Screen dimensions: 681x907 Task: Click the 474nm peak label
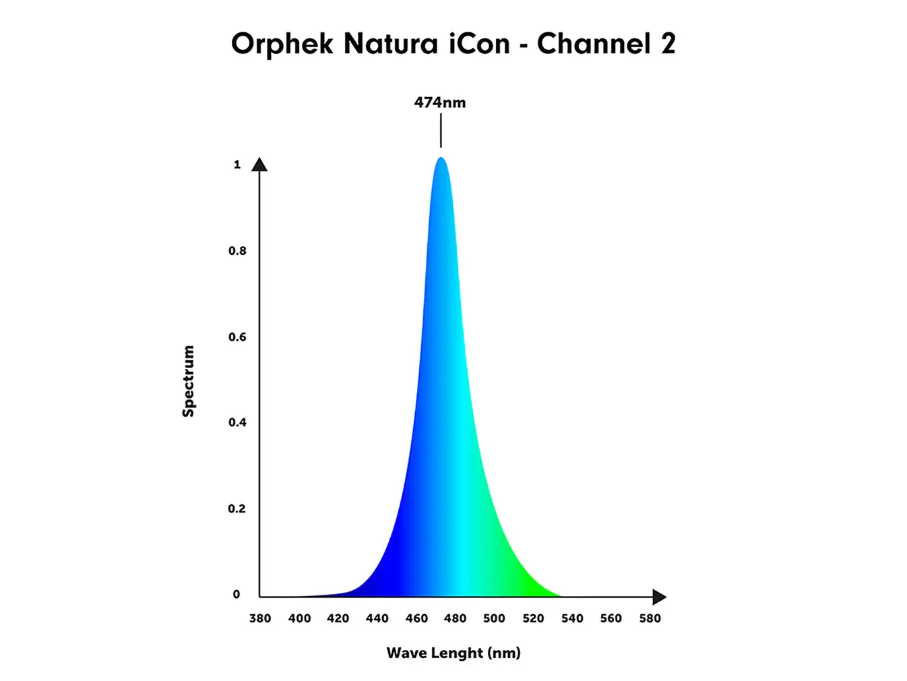point(439,102)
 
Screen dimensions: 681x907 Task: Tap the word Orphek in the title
point(282,45)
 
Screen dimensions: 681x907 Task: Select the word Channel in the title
point(593,44)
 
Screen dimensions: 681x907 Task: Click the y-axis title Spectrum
point(189,381)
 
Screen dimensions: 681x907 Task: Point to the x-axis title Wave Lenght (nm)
point(454,653)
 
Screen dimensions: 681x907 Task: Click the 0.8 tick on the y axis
point(237,251)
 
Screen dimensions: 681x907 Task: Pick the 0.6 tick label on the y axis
point(237,337)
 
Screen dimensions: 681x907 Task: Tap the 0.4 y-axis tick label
point(237,423)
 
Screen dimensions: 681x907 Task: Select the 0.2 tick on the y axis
point(237,508)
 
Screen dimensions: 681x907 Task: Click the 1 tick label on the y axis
point(237,165)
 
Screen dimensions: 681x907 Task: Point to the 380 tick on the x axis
point(260,618)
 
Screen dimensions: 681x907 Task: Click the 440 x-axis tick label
point(377,618)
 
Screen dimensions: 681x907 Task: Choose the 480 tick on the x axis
point(456,618)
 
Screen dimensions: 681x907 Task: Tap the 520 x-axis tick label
point(533,618)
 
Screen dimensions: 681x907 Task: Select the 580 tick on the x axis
point(650,618)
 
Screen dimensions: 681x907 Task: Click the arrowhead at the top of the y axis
point(259,165)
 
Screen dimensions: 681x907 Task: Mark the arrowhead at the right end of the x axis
point(659,597)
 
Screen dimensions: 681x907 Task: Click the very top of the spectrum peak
point(441,158)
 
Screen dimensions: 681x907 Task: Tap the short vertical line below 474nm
point(441,130)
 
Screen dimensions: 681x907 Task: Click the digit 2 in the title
point(668,44)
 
